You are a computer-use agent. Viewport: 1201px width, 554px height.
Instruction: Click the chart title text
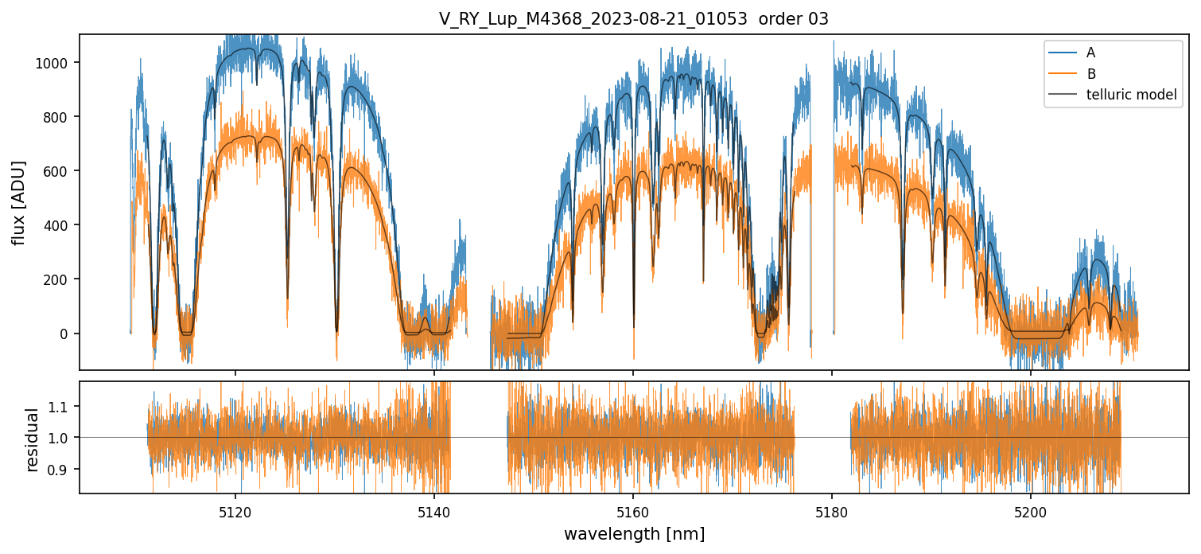(633, 19)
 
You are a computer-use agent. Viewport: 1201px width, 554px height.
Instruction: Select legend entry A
(1090, 53)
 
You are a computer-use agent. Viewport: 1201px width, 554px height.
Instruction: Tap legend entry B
(1090, 74)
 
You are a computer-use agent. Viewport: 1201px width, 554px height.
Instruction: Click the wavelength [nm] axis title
(634, 533)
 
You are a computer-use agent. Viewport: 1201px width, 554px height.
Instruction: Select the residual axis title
(33, 439)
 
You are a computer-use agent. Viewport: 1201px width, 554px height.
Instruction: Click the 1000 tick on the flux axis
(56, 63)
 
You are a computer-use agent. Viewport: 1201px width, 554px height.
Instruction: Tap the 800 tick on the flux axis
(59, 117)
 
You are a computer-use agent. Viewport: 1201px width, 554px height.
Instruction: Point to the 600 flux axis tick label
(59, 171)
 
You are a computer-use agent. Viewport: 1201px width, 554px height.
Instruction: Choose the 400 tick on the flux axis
(59, 225)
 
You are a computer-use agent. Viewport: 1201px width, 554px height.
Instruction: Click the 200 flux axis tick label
(59, 279)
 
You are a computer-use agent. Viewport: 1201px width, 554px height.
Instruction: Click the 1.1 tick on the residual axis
(60, 407)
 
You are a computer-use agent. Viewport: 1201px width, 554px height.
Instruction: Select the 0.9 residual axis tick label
(60, 470)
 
